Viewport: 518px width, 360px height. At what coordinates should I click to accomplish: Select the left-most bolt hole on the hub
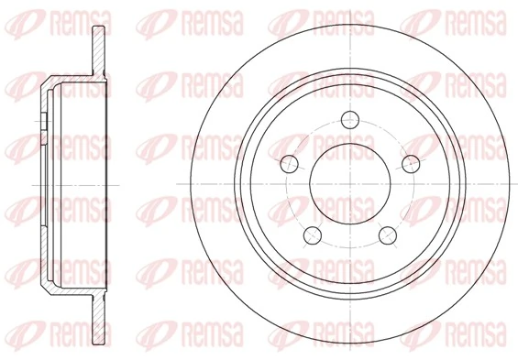coord(290,164)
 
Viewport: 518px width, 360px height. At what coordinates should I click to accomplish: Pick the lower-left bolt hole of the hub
coord(314,237)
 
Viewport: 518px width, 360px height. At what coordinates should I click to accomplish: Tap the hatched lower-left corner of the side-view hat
coord(46,278)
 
